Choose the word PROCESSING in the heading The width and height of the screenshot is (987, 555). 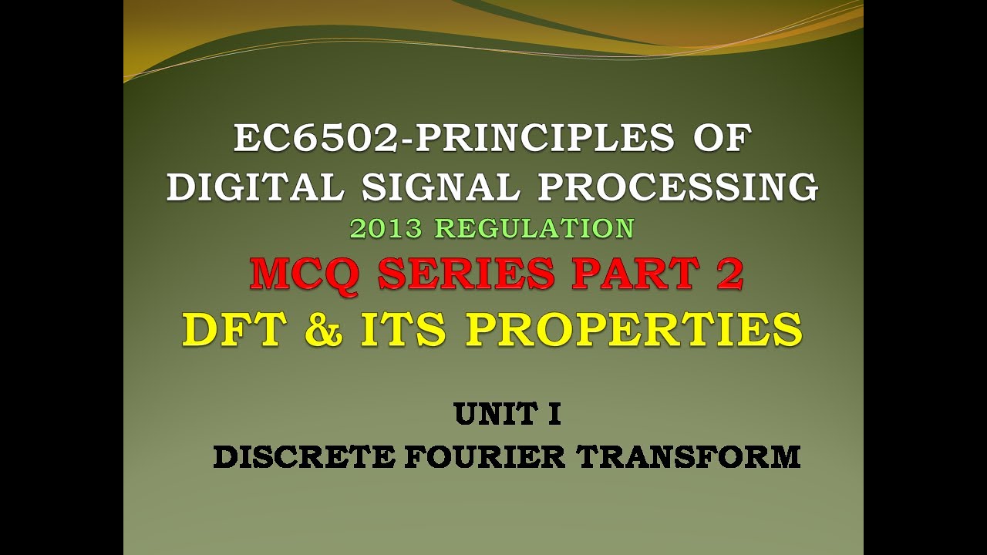pyautogui.click(x=678, y=187)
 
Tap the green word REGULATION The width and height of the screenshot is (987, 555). pyautogui.click(x=534, y=228)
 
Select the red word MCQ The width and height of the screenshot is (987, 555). pyautogui.click(x=304, y=275)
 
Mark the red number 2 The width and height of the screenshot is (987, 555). pyautogui.click(x=729, y=275)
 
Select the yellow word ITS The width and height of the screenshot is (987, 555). pyautogui.click(x=405, y=329)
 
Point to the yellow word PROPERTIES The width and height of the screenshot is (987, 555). pyautogui.click(x=634, y=329)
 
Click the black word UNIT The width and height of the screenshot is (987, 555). pyautogui.click(x=494, y=415)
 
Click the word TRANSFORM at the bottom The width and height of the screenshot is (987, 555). pyautogui.click(x=689, y=457)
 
